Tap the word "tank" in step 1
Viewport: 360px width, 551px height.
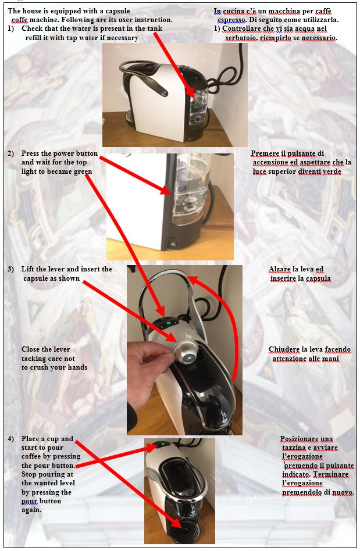coord(155,28)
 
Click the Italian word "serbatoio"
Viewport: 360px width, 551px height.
coord(241,38)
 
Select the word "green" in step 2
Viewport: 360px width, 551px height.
coord(83,171)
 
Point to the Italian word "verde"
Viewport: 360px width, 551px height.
coord(332,171)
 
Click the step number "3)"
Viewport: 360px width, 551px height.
coord(11,269)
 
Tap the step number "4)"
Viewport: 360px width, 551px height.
coord(11,439)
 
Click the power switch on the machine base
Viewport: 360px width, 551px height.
coord(172,243)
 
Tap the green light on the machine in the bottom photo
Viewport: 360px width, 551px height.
coord(163,444)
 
